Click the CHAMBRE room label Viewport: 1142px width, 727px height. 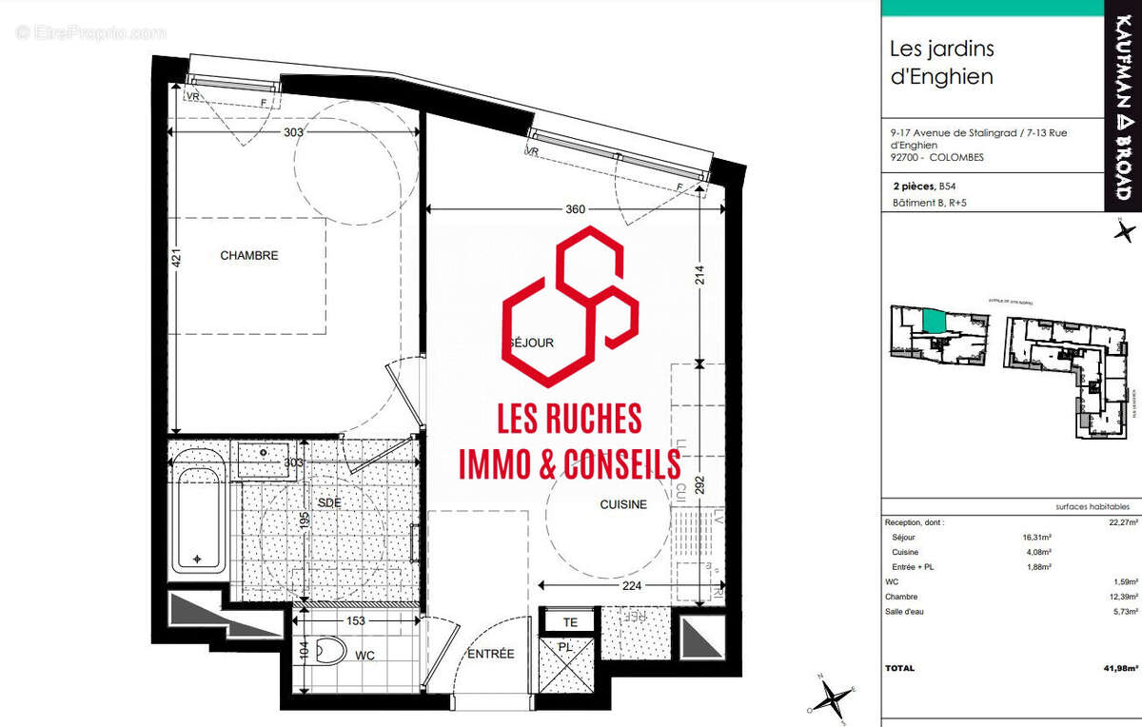(249, 255)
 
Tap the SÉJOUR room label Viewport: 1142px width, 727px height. (531, 343)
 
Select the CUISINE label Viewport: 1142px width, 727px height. (623, 504)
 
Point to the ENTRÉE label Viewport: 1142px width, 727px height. (490, 654)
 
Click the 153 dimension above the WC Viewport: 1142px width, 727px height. (357, 620)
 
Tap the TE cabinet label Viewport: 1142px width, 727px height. (570, 622)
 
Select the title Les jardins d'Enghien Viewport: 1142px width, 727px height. (941, 62)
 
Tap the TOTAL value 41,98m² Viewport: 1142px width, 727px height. (1121, 668)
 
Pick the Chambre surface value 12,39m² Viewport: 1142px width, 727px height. (1123, 597)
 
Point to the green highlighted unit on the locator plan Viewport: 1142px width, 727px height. (935, 321)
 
